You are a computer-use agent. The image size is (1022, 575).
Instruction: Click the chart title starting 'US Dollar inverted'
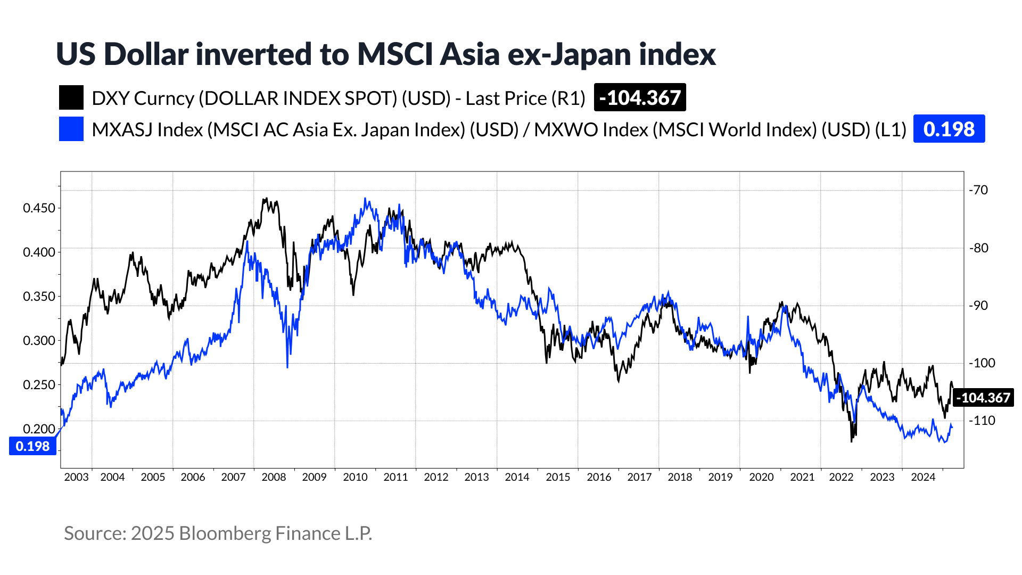[385, 54]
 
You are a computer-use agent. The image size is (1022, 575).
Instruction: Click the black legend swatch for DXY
[71, 98]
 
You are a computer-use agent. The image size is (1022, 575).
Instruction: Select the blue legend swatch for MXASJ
[71, 129]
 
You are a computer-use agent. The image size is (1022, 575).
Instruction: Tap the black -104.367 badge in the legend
[639, 98]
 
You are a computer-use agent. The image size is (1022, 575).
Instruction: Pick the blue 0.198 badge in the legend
[949, 129]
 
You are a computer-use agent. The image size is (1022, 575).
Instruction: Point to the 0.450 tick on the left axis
[39, 208]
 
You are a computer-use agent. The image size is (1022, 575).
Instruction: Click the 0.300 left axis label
[39, 341]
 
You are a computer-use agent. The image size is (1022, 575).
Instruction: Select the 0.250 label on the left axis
[39, 385]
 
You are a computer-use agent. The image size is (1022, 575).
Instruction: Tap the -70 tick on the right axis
[978, 190]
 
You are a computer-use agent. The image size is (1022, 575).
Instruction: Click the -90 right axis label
[978, 306]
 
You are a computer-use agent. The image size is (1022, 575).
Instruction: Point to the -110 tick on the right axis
[981, 421]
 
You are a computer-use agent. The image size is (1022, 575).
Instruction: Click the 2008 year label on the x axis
[274, 477]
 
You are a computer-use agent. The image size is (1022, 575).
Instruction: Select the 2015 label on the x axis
[558, 477]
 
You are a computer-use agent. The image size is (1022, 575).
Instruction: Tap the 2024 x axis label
[923, 477]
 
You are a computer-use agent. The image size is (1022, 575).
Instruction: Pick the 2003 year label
[76, 477]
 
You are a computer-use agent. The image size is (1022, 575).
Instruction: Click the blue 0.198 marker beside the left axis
[32, 446]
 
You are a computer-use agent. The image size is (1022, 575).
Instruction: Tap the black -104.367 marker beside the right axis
[983, 398]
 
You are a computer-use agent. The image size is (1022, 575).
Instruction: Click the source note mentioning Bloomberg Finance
[218, 533]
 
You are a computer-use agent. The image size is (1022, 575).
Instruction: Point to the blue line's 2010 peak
[365, 199]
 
